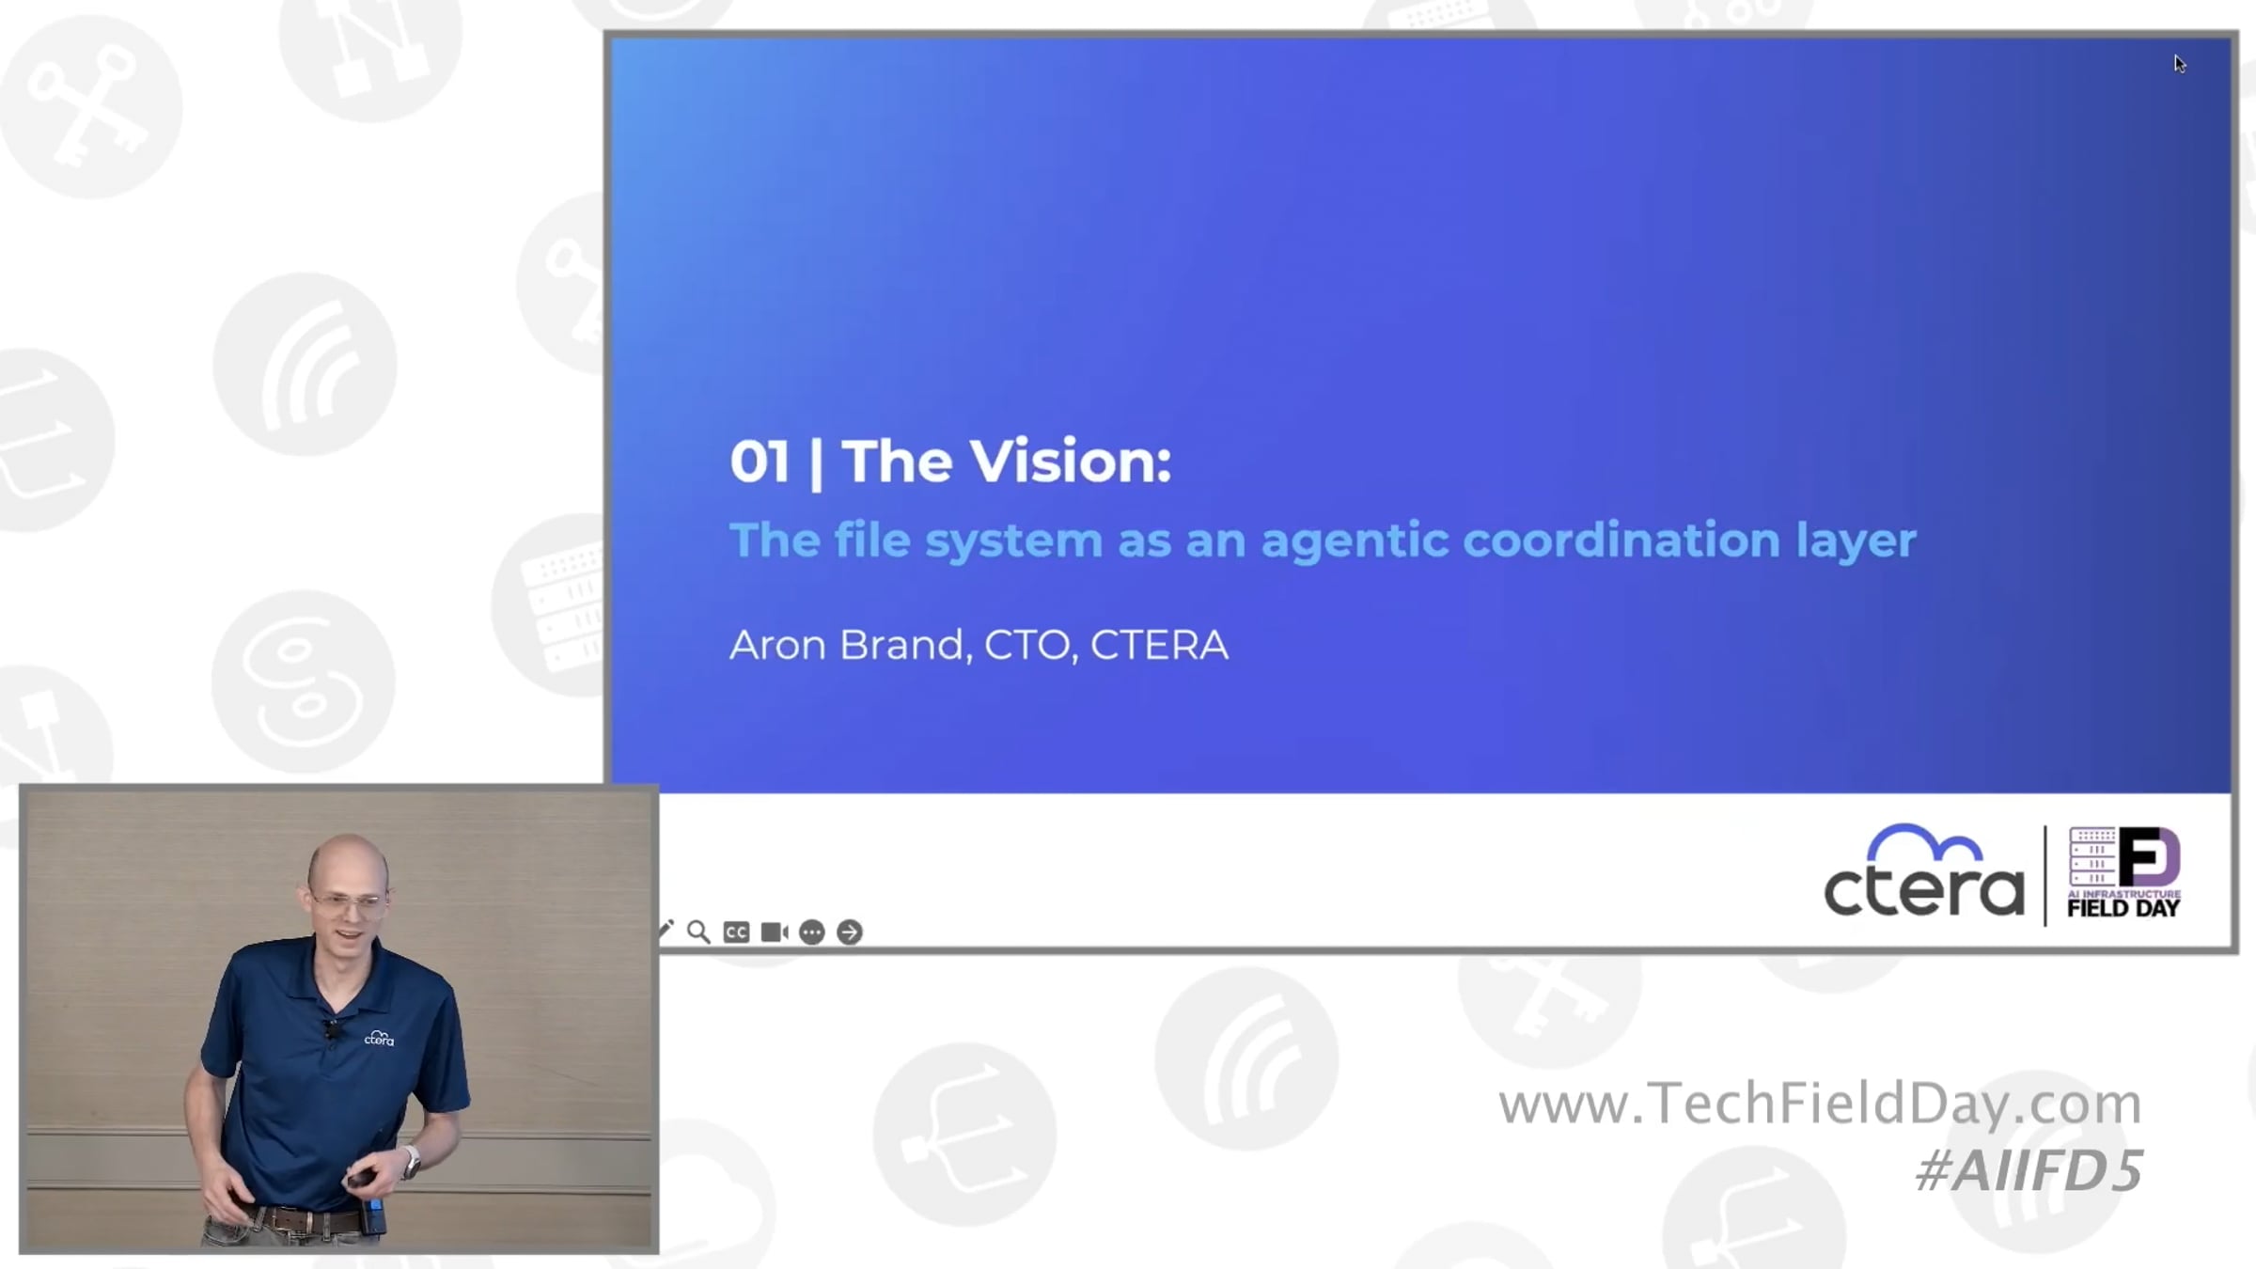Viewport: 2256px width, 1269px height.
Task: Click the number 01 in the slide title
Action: (x=760, y=462)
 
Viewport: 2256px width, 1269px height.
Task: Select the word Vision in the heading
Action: (x=1071, y=462)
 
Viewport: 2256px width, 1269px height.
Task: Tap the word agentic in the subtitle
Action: (x=1355, y=541)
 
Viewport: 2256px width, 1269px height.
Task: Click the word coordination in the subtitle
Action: (x=1621, y=540)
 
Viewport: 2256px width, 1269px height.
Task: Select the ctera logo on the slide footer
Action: (x=1923, y=870)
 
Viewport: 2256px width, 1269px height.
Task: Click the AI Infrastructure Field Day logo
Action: (x=2123, y=872)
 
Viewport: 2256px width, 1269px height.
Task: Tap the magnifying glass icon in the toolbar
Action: (x=698, y=932)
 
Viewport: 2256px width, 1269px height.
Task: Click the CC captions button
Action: (x=736, y=932)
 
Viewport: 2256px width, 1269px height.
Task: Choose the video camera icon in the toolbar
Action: (x=775, y=932)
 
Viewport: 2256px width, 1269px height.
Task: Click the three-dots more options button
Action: (x=812, y=932)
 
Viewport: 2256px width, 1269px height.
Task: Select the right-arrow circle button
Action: (x=850, y=932)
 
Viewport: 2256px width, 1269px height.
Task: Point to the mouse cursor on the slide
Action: (x=2179, y=64)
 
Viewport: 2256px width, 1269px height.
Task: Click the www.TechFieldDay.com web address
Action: (x=1820, y=1104)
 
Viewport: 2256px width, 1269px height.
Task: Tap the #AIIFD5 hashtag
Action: (x=2029, y=1171)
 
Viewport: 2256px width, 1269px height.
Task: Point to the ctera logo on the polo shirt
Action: (x=379, y=1038)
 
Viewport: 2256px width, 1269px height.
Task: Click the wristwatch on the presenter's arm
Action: (x=411, y=1162)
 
